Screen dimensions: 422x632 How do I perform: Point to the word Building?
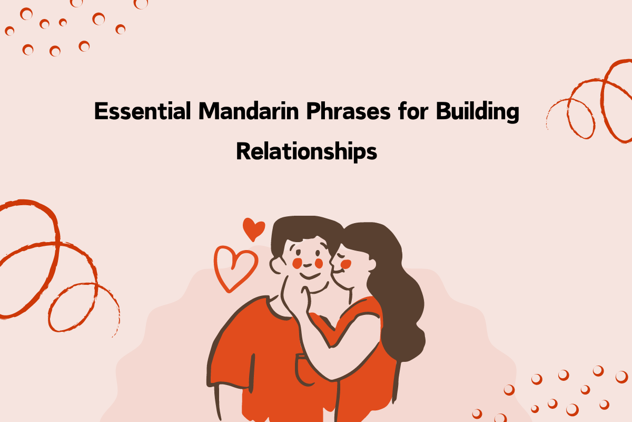[x=477, y=113]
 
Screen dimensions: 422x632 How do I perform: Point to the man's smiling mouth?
[x=310, y=275]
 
